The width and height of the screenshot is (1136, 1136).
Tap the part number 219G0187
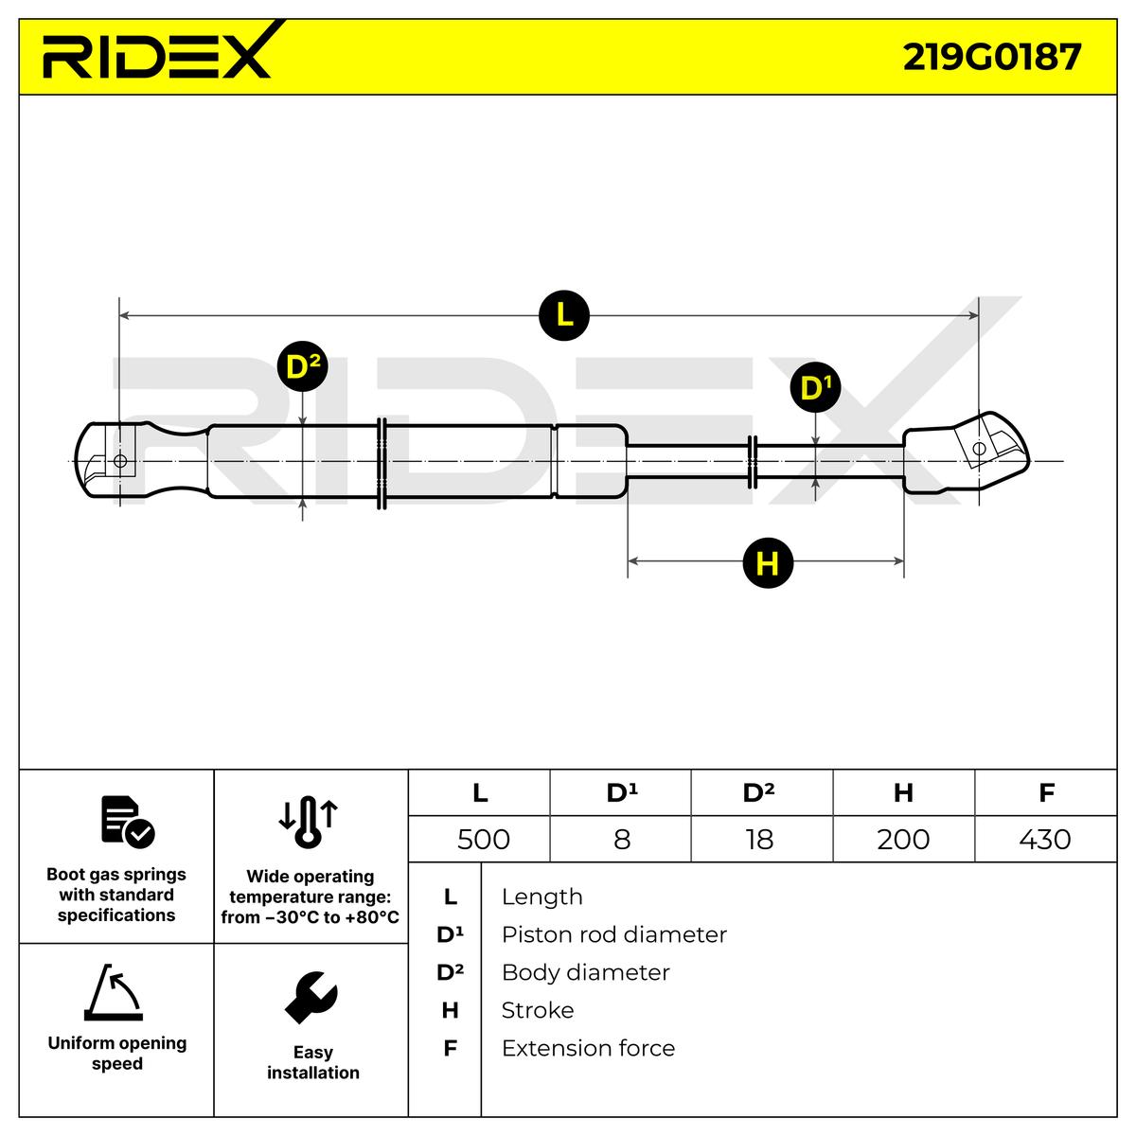(991, 57)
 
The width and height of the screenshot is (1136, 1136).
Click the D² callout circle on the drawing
(302, 366)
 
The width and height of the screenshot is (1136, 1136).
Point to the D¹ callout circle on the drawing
(815, 388)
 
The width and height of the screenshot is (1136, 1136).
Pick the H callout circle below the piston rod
(767, 563)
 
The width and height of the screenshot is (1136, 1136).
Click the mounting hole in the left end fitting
(119, 461)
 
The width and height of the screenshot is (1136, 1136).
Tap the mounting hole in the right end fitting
(979, 448)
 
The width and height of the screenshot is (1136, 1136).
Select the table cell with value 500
(483, 839)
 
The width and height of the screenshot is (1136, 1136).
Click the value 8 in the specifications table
(621, 839)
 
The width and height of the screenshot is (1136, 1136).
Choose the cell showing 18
(759, 839)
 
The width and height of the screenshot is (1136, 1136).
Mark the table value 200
(903, 839)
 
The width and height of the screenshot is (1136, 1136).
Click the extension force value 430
(1046, 839)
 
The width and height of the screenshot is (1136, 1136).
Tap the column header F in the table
(1046, 792)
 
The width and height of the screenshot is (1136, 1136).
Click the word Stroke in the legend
(537, 1010)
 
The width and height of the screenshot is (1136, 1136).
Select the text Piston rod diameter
(613, 934)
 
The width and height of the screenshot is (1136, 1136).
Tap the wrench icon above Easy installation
(311, 997)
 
